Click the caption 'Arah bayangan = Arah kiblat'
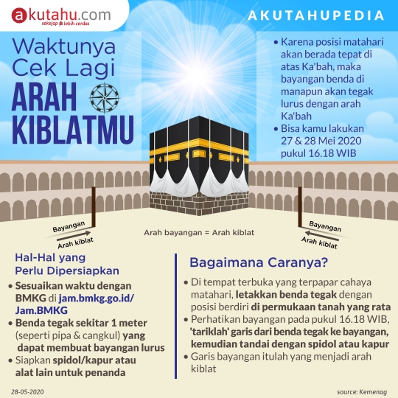[198, 232]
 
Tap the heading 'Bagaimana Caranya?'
[259, 262]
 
